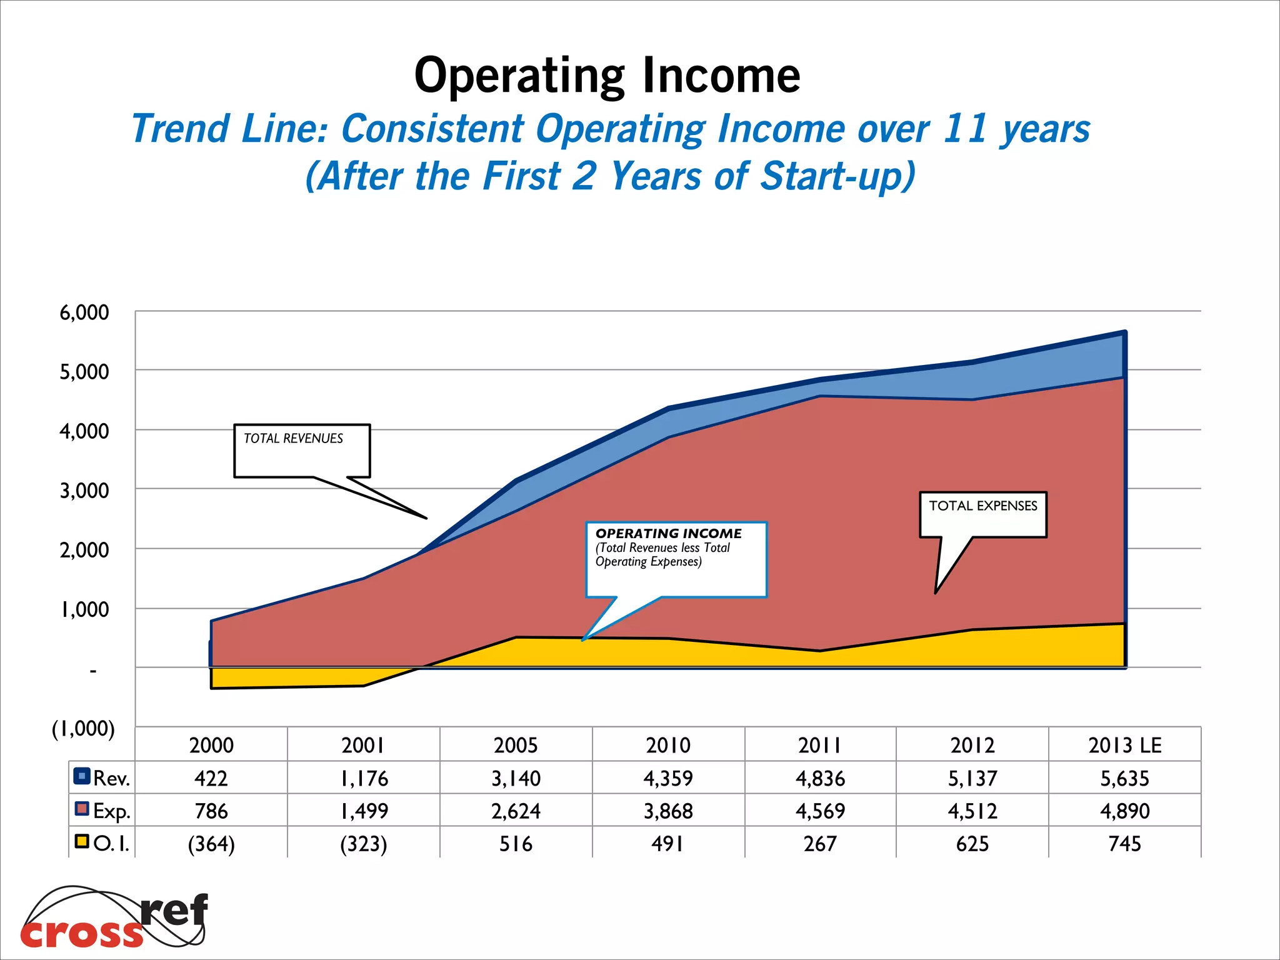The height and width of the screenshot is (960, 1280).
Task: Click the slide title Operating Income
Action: click(607, 76)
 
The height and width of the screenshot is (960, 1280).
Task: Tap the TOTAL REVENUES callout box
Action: click(302, 451)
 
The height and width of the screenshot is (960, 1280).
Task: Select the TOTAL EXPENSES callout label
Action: click(982, 506)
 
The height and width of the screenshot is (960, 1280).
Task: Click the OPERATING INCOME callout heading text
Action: click(668, 534)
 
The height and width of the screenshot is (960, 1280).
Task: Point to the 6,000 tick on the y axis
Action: click(84, 312)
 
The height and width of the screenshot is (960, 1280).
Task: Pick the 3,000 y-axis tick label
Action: click(84, 491)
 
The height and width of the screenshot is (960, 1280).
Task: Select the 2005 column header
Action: click(516, 745)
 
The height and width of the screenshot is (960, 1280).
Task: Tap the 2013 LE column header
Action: click(1124, 745)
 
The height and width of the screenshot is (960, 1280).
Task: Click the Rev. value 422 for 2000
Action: click(211, 778)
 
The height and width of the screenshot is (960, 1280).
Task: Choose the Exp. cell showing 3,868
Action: click(668, 811)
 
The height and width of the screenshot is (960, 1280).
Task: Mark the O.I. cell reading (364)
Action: click(211, 844)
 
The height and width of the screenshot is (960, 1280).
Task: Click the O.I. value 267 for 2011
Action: click(820, 844)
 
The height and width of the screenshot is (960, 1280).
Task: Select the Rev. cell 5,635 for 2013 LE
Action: click(1124, 778)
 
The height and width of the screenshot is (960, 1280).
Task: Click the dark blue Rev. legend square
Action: click(82, 776)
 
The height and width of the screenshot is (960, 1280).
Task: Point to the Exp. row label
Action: click(111, 811)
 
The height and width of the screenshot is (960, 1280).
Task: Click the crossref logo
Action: click(114, 917)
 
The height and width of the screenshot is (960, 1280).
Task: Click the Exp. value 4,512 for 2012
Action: click(972, 811)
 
